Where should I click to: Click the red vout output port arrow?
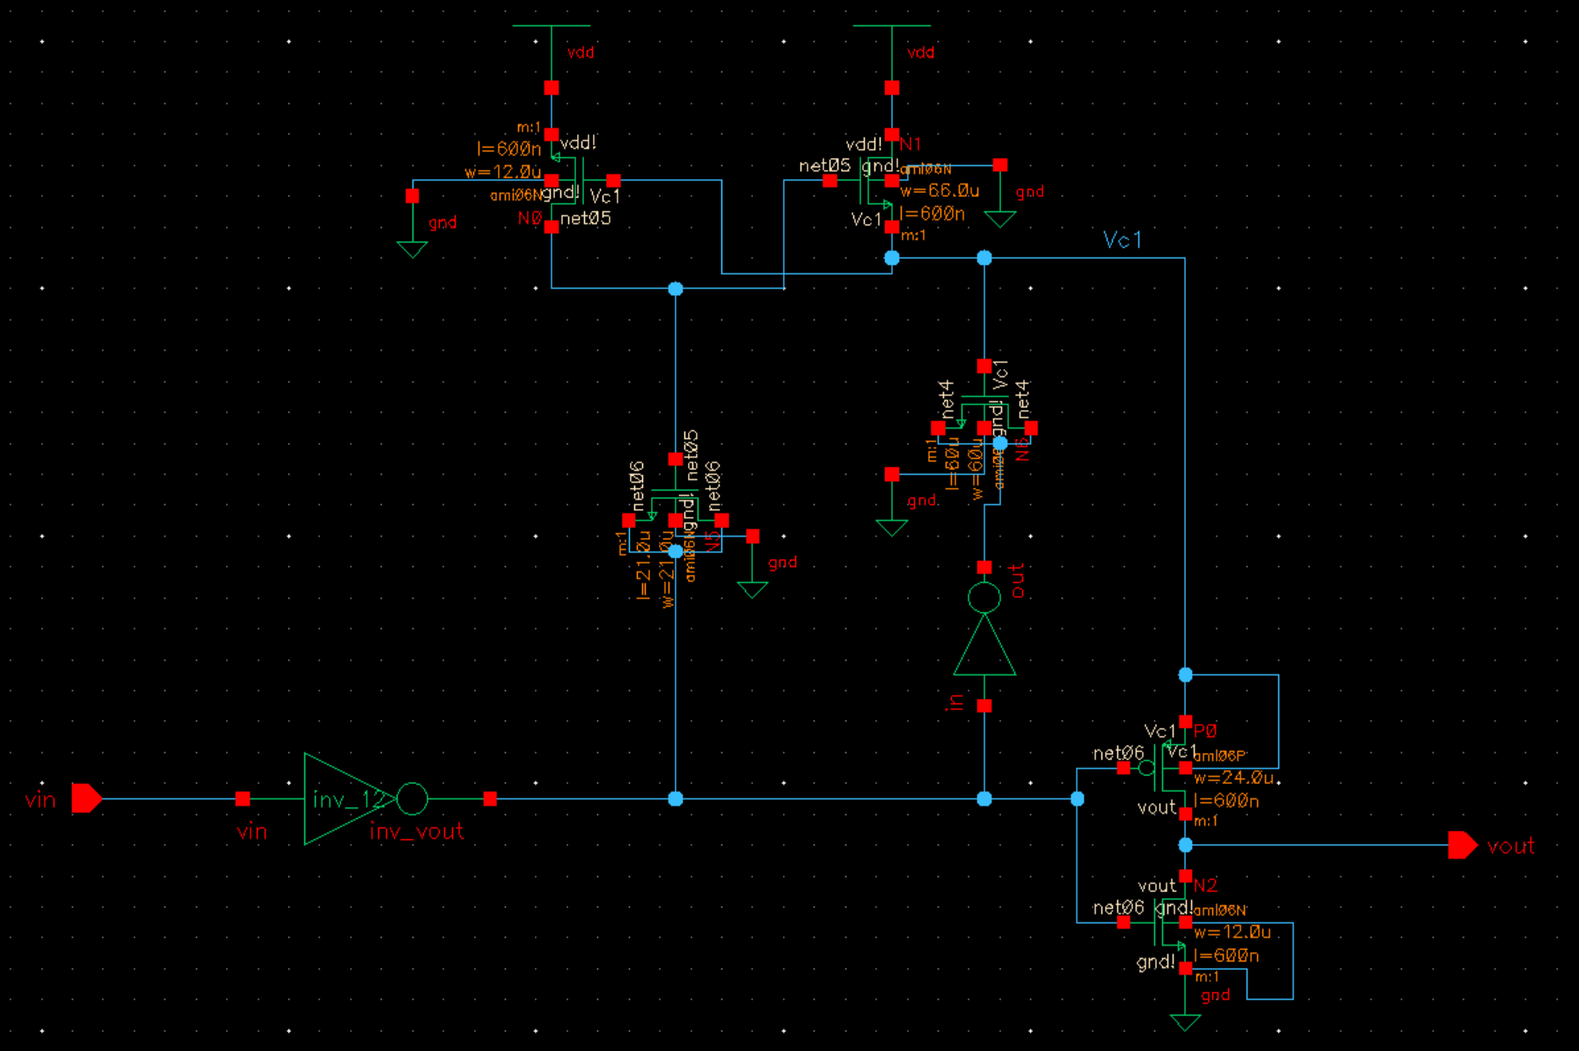point(1462,845)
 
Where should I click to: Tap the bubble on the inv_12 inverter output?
point(412,799)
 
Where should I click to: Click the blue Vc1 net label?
point(1122,240)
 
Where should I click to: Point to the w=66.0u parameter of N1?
point(939,191)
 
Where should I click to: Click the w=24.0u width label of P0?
point(1233,778)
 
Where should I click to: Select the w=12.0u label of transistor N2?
point(1232,932)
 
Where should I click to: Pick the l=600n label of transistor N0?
point(508,150)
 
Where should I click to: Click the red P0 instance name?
point(1205,731)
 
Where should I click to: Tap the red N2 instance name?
point(1205,886)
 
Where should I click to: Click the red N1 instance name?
point(910,143)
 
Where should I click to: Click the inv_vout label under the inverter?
point(416,831)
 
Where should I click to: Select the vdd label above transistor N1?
point(921,53)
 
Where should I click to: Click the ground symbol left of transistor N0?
point(412,249)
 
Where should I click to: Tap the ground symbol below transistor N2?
point(1185,1022)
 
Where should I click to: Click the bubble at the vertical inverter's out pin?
point(984,598)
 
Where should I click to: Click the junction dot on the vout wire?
point(1186,845)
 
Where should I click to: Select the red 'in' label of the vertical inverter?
point(956,702)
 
